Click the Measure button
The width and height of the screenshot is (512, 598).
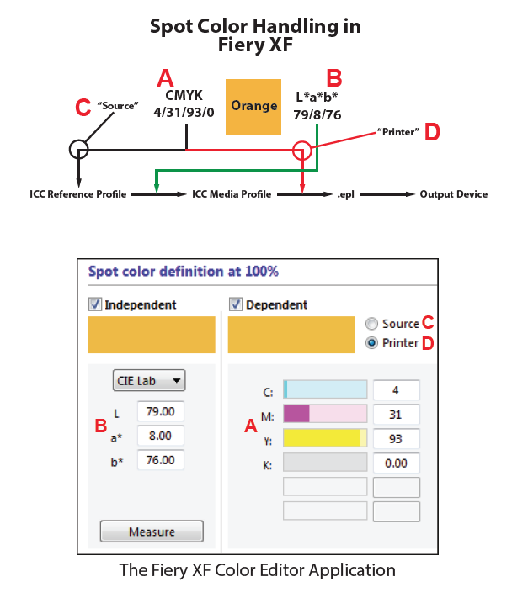pos(152,532)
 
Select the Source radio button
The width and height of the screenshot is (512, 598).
pos(371,324)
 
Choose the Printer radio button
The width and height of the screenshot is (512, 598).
pos(371,343)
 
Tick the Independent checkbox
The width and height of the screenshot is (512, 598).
pos(94,304)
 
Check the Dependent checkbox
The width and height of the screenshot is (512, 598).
pos(235,304)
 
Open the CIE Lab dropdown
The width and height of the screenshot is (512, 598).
pos(149,380)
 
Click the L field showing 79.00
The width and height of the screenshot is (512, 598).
pos(160,411)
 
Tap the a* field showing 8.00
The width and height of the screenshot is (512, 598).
pos(160,436)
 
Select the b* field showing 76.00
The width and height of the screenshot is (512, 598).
pos(160,460)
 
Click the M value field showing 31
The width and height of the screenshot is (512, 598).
pos(396,415)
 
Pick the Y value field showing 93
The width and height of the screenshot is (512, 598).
pos(396,438)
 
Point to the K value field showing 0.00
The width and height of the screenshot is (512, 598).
pos(396,463)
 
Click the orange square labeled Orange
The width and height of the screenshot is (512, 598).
pos(253,107)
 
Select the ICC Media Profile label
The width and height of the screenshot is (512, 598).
pos(232,194)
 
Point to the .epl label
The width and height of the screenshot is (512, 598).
pos(345,194)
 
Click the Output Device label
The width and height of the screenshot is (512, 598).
pos(454,194)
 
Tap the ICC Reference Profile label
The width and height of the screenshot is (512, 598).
pos(77,194)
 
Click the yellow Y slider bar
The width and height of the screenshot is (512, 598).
pos(325,438)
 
